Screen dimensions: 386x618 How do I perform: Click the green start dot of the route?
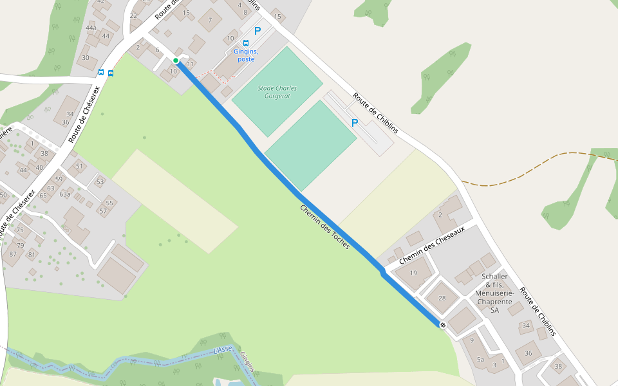pyautogui.click(x=175, y=60)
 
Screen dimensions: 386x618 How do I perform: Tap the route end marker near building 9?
pyautogui.click(x=443, y=325)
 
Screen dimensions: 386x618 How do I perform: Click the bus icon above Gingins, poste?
pyautogui.click(x=246, y=43)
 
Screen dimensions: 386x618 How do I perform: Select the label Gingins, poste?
pyautogui.click(x=246, y=55)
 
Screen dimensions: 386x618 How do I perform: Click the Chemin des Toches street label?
pyautogui.click(x=324, y=227)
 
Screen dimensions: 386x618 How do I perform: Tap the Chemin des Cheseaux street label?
pyautogui.click(x=431, y=246)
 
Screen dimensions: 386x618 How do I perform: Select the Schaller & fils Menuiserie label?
pyautogui.click(x=494, y=293)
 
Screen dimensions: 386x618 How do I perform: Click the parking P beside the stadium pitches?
pyautogui.click(x=354, y=122)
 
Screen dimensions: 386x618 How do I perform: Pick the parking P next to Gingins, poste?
pyautogui.click(x=257, y=30)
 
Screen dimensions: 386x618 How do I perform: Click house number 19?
pyautogui.click(x=413, y=273)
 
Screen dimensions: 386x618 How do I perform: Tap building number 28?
pyautogui.click(x=442, y=298)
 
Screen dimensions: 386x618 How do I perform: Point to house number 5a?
pyautogui.click(x=480, y=360)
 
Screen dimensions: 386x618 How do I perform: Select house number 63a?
pyautogui.click(x=65, y=194)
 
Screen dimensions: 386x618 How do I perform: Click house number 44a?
pyautogui.click(x=91, y=28)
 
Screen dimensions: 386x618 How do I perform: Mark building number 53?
pyautogui.click(x=100, y=182)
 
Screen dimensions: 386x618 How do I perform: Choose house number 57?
pyautogui.click(x=102, y=211)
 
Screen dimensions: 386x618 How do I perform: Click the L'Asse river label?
pyautogui.click(x=222, y=351)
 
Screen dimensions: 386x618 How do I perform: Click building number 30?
pyautogui.click(x=86, y=58)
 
